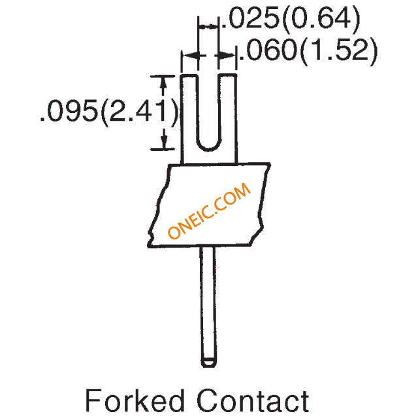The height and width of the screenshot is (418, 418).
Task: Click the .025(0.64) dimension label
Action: [x=291, y=20]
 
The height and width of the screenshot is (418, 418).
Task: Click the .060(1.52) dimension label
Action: [x=308, y=52]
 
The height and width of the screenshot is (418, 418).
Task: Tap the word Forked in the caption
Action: [x=135, y=401]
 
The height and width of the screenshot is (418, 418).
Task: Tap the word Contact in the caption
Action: [x=253, y=401]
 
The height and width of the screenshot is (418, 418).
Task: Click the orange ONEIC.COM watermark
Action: [x=209, y=210]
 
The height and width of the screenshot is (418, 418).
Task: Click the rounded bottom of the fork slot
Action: [x=209, y=149]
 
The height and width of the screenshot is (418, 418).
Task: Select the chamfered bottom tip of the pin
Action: [x=208, y=363]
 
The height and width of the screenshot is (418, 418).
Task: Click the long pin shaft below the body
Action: [x=208, y=304]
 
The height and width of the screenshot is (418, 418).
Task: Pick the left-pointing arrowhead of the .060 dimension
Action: [x=191, y=56]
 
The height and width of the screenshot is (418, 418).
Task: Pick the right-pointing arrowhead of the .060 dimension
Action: [x=227, y=56]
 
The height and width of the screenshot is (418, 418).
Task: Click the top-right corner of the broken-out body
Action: [x=270, y=163]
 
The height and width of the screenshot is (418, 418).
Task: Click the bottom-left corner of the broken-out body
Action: [x=149, y=246]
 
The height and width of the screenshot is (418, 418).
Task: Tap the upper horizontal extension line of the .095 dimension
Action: [x=163, y=76]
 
